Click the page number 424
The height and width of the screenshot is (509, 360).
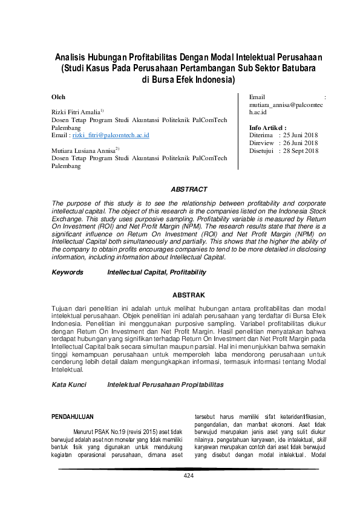pos(189,476)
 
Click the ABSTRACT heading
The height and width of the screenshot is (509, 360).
pos(189,189)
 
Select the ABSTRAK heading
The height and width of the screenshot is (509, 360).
pos(189,295)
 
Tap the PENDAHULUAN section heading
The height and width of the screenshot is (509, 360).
pos(74,417)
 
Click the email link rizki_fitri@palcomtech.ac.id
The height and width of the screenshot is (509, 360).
pos(111,135)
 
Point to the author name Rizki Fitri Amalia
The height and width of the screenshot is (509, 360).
pos(76,112)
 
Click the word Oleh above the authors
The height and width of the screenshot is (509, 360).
pos(59,97)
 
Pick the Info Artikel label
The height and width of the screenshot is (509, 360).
pos(267,128)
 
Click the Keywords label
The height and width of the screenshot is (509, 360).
pos(68,273)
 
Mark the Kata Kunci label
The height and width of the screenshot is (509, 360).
pos(69,384)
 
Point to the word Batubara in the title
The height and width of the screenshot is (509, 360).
pos(296,68)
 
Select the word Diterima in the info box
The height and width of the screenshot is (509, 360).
pos(261,135)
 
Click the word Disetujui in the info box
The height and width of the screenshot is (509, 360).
pos(262,151)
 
